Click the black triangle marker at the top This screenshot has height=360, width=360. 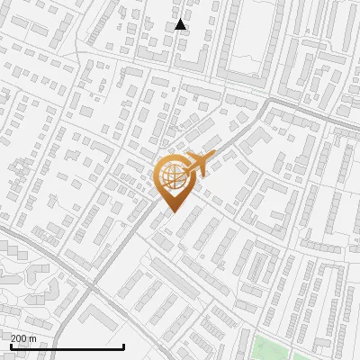(181, 25)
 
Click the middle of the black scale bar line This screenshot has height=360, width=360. (67, 346)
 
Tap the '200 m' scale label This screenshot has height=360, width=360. (23, 338)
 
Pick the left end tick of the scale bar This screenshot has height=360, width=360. (11, 346)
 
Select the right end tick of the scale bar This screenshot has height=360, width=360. (124, 346)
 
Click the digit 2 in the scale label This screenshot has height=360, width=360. (13, 338)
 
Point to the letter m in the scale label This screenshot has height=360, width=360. (33, 338)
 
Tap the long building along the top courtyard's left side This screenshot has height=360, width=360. (224, 45)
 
